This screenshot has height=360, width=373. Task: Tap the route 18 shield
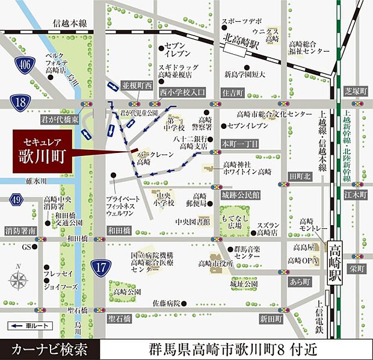[x=21, y=102]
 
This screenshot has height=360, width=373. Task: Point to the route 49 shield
[x=16, y=200]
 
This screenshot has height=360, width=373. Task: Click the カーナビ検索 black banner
[x=48, y=349]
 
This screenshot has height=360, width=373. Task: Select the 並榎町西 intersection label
[x=137, y=86]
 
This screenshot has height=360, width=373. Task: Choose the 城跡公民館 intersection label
[x=240, y=196]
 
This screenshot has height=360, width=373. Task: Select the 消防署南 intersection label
[x=20, y=231]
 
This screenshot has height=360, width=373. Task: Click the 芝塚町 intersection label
[x=356, y=91]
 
